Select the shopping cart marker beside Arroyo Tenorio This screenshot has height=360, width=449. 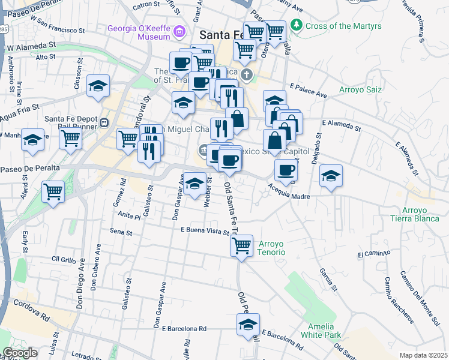click(241, 245)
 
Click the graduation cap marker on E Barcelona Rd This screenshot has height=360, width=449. click(248, 325)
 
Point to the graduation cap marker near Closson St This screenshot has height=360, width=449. click(98, 86)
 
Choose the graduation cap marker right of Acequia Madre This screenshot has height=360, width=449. click(331, 176)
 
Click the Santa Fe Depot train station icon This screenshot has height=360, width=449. click(104, 122)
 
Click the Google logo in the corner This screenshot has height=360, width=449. click(20, 353)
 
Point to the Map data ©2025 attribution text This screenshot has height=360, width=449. click(423, 355)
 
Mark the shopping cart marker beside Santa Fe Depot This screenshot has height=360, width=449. click(71, 139)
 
